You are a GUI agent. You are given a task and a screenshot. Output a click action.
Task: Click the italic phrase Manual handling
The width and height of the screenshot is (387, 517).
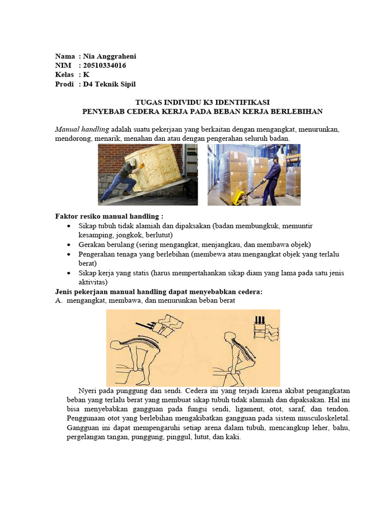[82, 129]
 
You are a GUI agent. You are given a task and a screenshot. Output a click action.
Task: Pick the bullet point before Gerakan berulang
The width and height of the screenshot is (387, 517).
[69, 244]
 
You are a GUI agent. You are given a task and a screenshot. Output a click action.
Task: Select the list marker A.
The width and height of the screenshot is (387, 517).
[58, 301]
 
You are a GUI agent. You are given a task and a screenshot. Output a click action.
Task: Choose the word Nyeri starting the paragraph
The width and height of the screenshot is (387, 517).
[88, 391]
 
